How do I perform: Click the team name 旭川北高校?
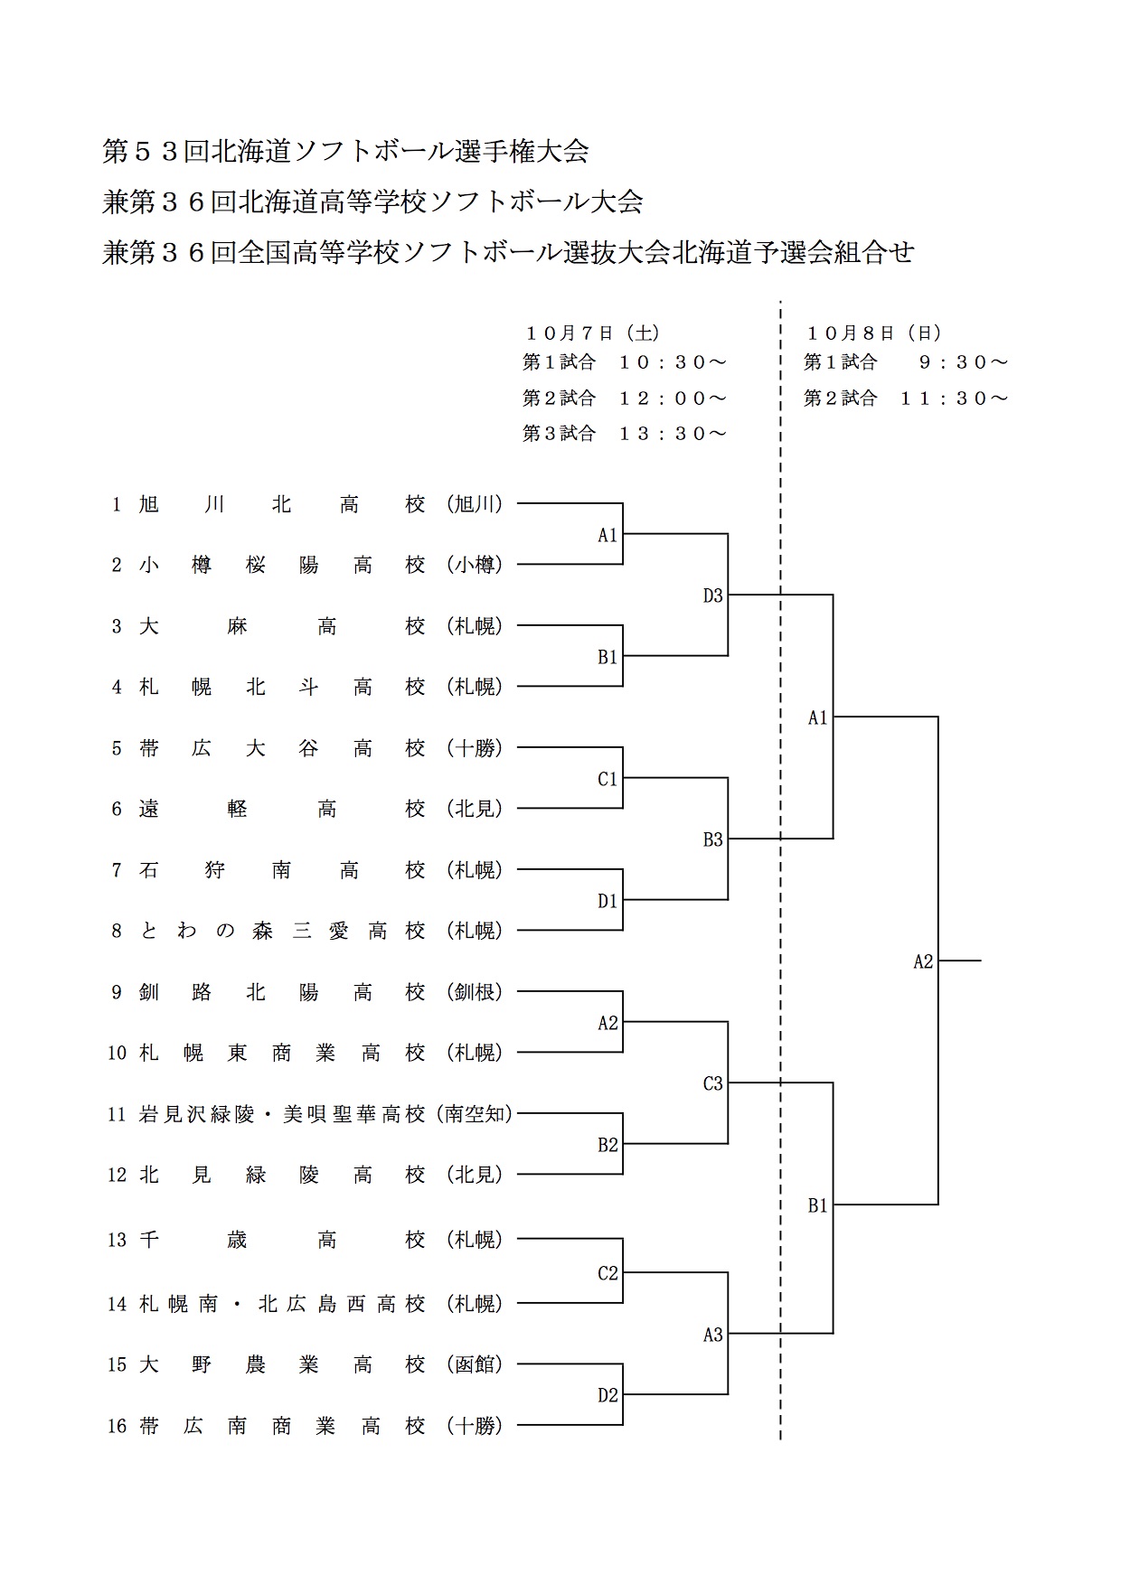pos(282,504)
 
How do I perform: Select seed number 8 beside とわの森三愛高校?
pos(117,931)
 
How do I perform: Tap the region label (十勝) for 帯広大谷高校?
pos(475,748)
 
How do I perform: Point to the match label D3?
pos(713,595)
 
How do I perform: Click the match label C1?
pos(608,779)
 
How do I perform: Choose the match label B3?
pos(713,839)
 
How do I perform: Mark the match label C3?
pos(713,1083)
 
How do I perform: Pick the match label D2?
pos(608,1395)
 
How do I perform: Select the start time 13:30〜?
pos(673,434)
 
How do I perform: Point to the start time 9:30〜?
pos(963,362)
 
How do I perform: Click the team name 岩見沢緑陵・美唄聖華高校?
pos(282,1114)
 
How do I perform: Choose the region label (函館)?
pos(475,1364)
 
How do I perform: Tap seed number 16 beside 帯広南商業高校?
pos(118,1426)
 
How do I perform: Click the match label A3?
pos(713,1334)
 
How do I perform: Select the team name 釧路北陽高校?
pos(282,992)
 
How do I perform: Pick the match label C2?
pos(608,1273)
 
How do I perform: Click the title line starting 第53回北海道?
pos(345,151)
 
